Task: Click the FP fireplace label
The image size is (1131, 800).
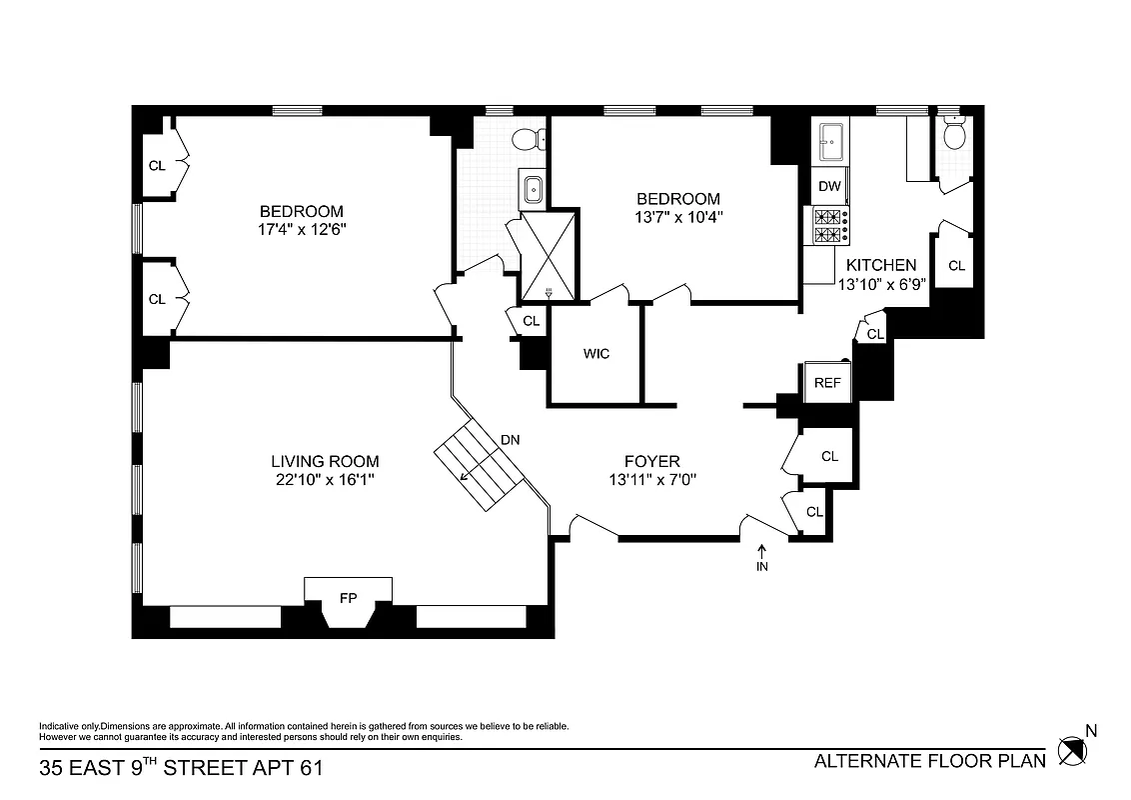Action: pyautogui.click(x=348, y=599)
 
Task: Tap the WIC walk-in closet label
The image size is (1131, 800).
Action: pyautogui.click(x=596, y=354)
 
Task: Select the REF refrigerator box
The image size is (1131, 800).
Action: pyautogui.click(x=827, y=383)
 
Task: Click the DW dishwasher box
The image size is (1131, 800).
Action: pyautogui.click(x=829, y=186)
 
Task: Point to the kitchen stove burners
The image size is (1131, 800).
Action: pyautogui.click(x=830, y=226)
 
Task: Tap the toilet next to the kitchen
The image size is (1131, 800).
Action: pyautogui.click(x=954, y=132)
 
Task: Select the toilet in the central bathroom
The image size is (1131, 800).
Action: pyautogui.click(x=528, y=139)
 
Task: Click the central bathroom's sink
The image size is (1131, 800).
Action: pyautogui.click(x=534, y=187)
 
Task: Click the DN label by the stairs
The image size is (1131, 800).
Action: pyautogui.click(x=511, y=440)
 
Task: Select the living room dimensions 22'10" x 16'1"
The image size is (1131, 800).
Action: pyautogui.click(x=325, y=479)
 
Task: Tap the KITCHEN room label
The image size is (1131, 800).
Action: pyautogui.click(x=880, y=265)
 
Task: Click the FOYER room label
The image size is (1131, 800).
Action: pyautogui.click(x=651, y=461)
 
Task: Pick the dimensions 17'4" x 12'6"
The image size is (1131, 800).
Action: pyautogui.click(x=301, y=229)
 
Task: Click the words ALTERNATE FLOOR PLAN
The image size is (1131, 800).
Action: pyautogui.click(x=929, y=761)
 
